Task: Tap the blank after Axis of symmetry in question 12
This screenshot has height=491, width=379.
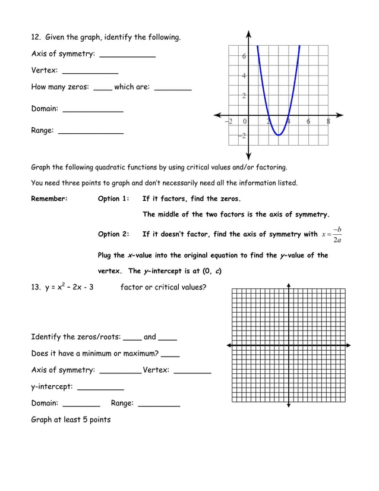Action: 127,55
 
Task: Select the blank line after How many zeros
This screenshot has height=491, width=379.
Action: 102,89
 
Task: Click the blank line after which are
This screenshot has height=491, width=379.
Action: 172,89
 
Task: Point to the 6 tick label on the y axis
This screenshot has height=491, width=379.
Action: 244,56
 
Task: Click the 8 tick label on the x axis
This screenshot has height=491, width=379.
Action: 329,121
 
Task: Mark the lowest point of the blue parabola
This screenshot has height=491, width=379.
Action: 278,136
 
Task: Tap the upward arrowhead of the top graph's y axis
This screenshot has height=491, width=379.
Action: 248,33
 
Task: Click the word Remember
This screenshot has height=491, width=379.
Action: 49,199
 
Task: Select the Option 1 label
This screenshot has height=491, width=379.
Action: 113,199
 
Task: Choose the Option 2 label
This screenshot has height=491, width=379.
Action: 113,234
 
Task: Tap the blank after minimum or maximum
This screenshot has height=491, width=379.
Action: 170,355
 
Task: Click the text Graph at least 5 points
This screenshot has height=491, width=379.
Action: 71,420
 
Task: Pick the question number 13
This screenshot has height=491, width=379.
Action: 36,288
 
